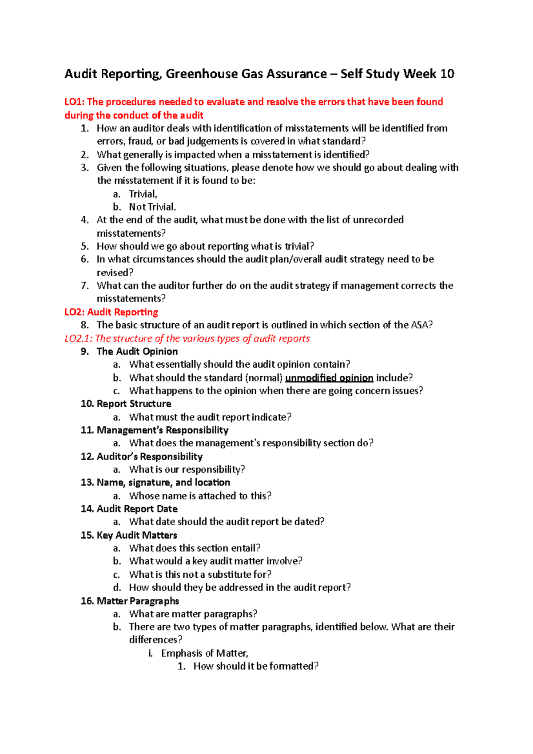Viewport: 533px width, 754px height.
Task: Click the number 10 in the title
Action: point(447,74)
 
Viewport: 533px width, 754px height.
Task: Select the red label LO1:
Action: point(74,102)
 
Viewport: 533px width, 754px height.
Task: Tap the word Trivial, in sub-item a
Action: point(143,194)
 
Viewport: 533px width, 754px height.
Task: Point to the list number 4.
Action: point(84,220)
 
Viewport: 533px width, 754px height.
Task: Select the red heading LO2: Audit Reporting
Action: point(111,312)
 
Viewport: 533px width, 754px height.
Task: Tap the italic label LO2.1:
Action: point(79,338)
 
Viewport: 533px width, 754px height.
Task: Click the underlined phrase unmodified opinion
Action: point(329,378)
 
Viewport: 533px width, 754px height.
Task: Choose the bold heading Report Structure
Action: point(134,404)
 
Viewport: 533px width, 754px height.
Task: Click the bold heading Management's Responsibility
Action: point(163,430)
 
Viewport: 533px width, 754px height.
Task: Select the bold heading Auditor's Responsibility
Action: point(150,456)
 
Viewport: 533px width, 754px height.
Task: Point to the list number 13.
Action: point(87,483)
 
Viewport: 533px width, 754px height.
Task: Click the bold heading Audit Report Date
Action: point(137,509)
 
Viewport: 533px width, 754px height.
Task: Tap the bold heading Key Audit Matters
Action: point(137,535)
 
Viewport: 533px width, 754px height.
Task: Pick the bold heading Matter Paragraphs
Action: point(138,601)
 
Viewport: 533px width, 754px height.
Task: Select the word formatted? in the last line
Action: point(294,666)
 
